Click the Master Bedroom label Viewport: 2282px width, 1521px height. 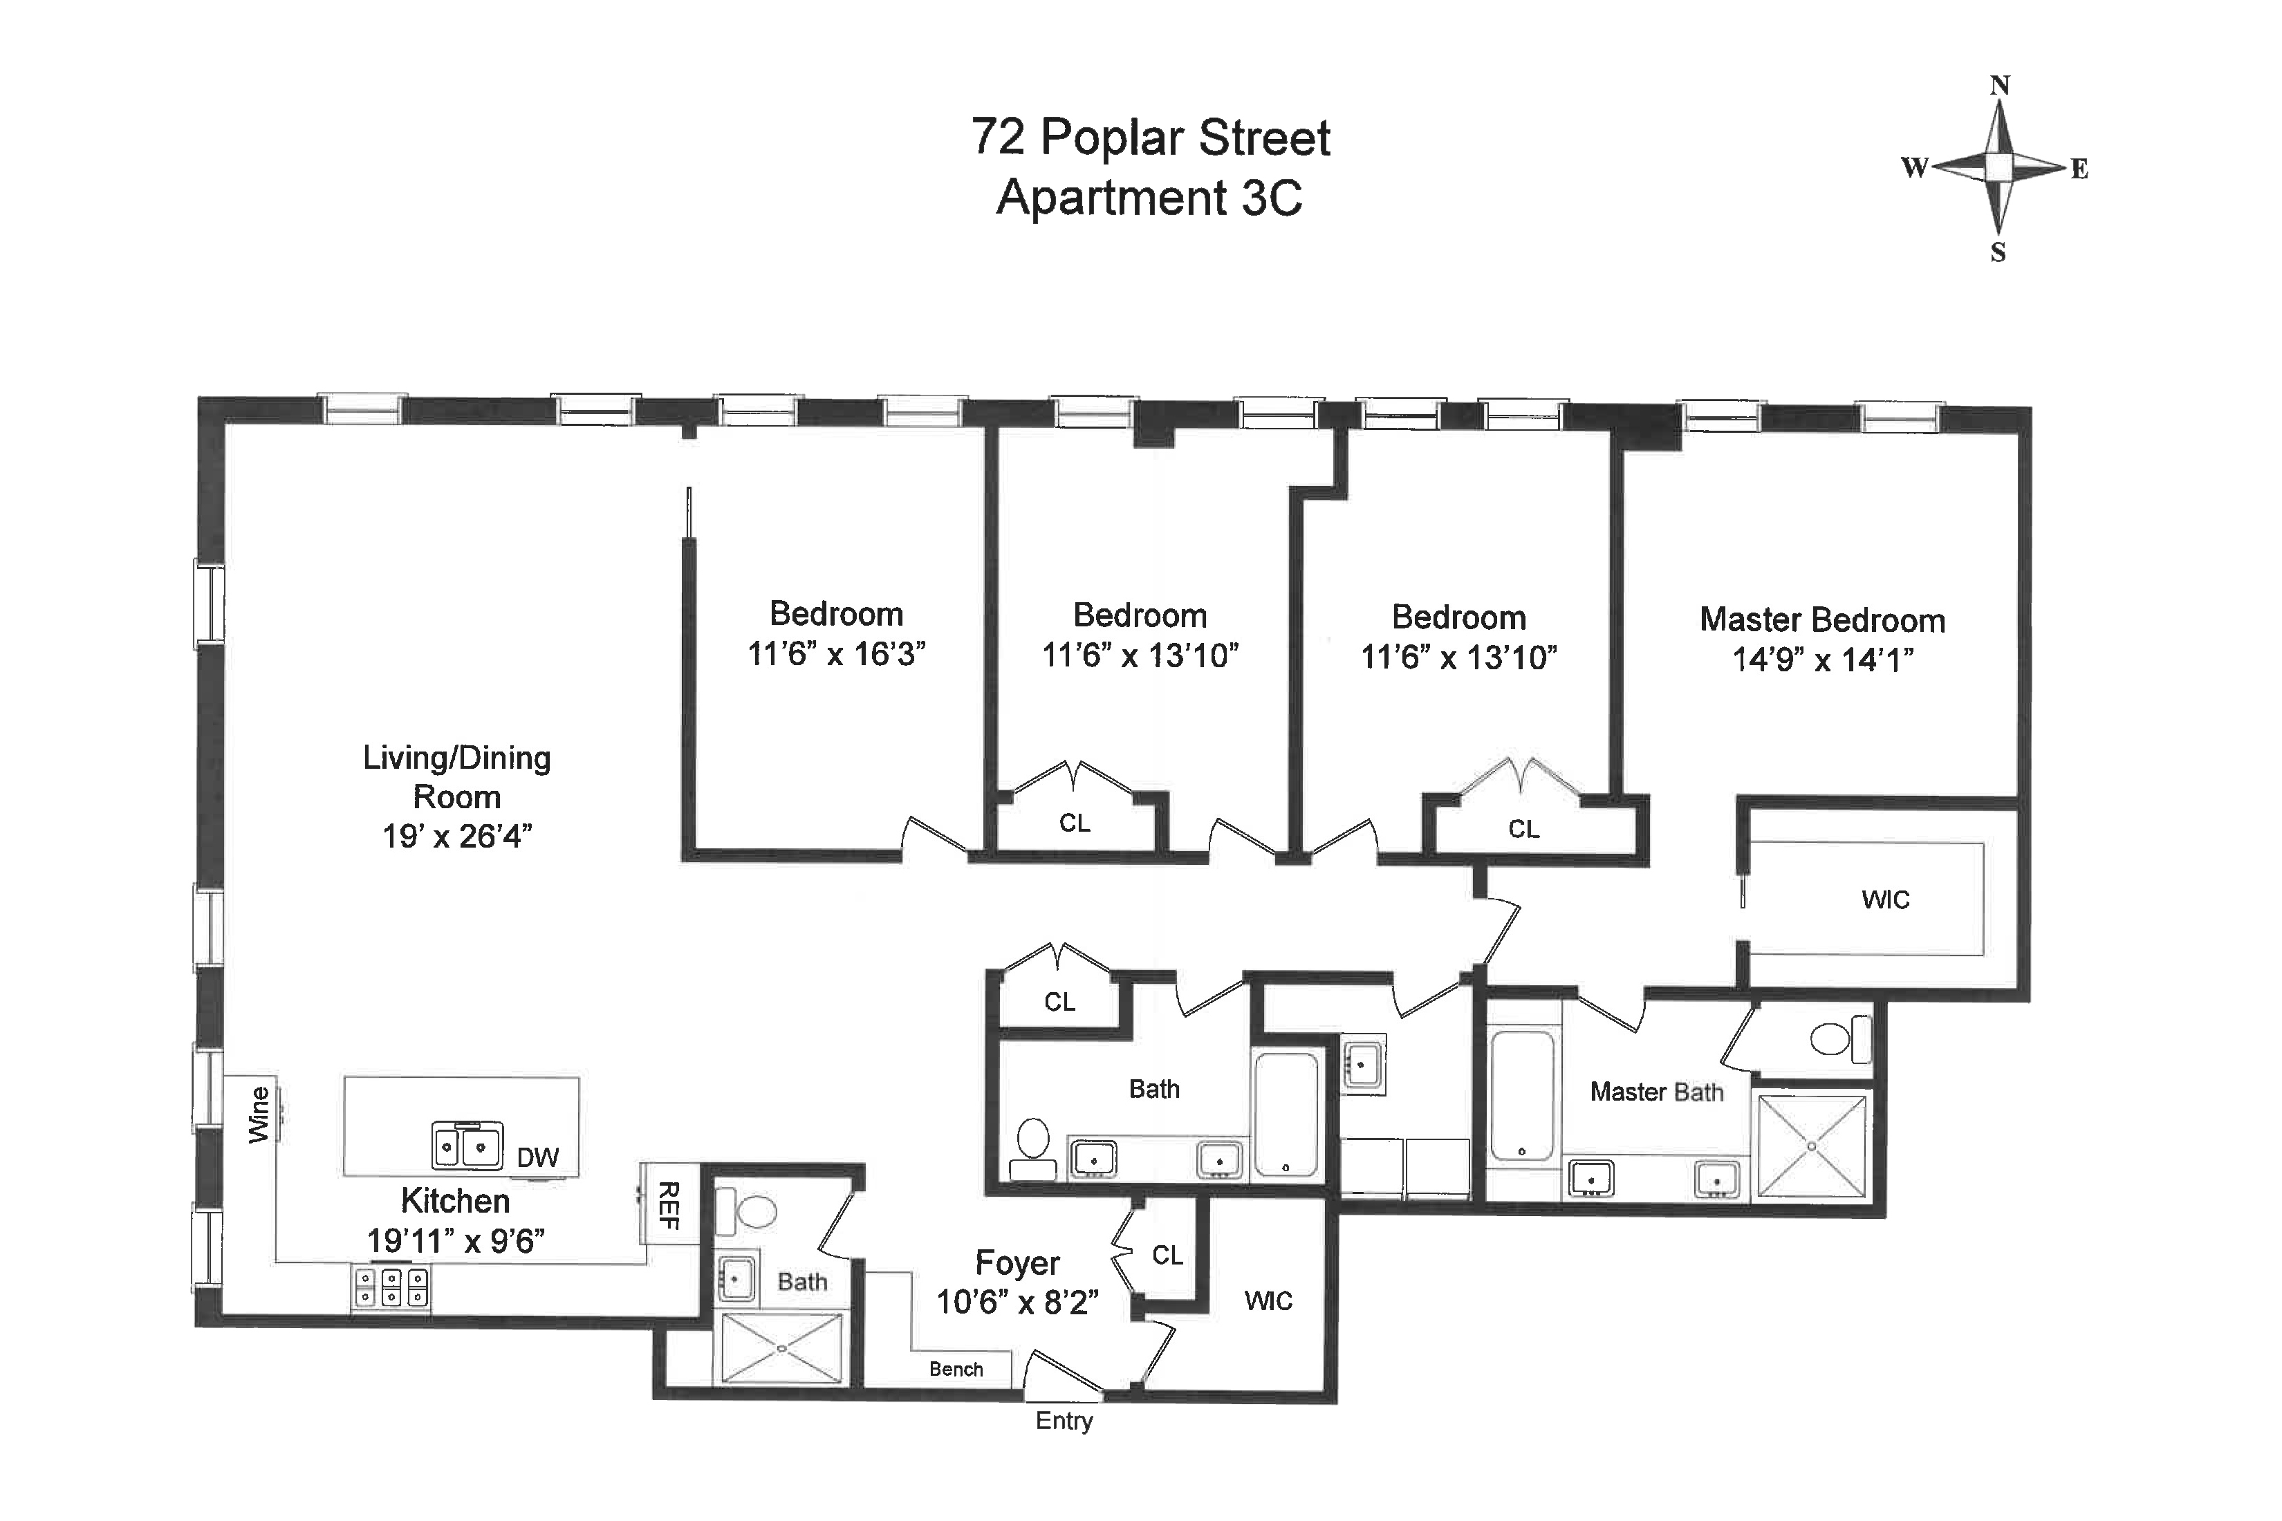pyautogui.click(x=1821, y=620)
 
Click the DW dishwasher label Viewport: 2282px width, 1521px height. pyautogui.click(x=537, y=1157)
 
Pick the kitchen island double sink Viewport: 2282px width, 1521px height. pyautogui.click(x=467, y=1146)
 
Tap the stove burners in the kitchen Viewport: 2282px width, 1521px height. pyautogui.click(x=390, y=1288)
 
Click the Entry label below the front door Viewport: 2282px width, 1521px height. pyautogui.click(x=1064, y=1421)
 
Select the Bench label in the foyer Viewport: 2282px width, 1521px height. pyautogui.click(x=956, y=1369)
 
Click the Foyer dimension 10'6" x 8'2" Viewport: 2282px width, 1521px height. pyautogui.click(x=1017, y=1302)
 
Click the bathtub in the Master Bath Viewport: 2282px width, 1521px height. pyautogui.click(x=1521, y=1096)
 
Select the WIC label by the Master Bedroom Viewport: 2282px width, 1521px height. pyautogui.click(x=1884, y=899)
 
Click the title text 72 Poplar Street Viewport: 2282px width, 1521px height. pyautogui.click(x=1150, y=137)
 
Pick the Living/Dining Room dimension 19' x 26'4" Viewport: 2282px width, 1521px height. pyautogui.click(x=457, y=836)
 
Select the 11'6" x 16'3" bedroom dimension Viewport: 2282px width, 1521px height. pyautogui.click(x=835, y=655)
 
